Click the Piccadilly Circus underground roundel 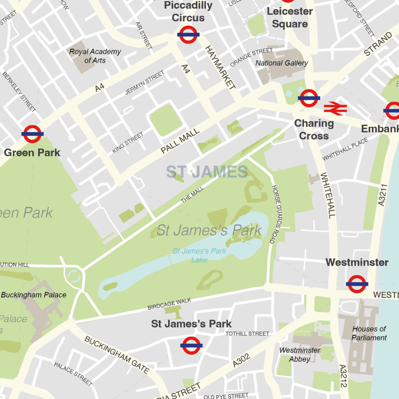click(188, 35)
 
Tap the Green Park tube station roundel click(32, 134)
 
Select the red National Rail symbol click(335, 108)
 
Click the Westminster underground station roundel click(357, 284)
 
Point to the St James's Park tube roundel click(191, 346)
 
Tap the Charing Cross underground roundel click(309, 98)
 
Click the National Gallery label click(281, 63)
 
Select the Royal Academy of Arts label click(95, 56)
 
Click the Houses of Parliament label click(369, 334)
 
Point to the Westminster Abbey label click(300, 355)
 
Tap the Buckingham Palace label click(34, 295)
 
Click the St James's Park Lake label click(199, 255)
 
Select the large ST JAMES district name click(207, 172)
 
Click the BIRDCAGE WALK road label click(169, 304)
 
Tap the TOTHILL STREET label click(247, 334)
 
